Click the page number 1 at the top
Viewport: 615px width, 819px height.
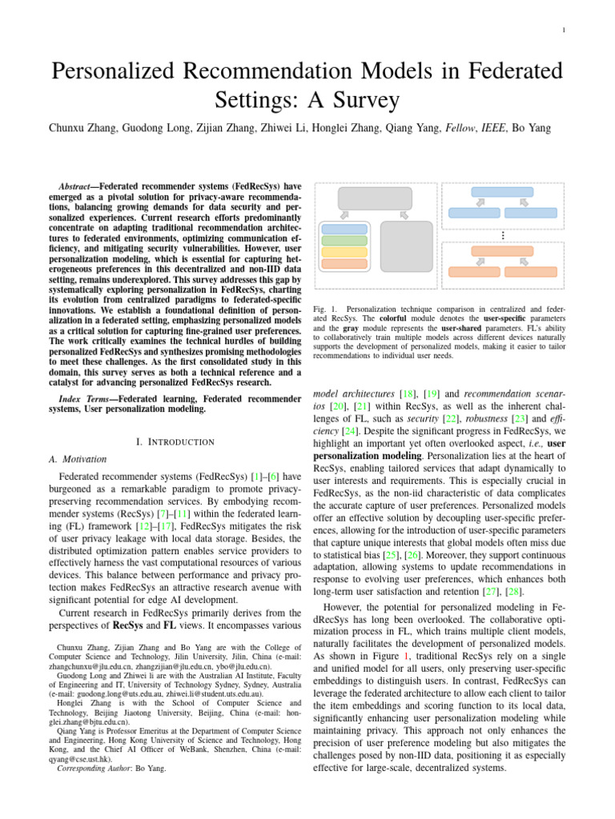(565, 31)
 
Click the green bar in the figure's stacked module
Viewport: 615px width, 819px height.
(344, 240)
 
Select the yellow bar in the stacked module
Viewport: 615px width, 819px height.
(344, 252)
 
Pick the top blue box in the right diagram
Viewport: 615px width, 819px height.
(502, 192)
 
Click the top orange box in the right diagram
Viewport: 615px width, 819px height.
(502, 251)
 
